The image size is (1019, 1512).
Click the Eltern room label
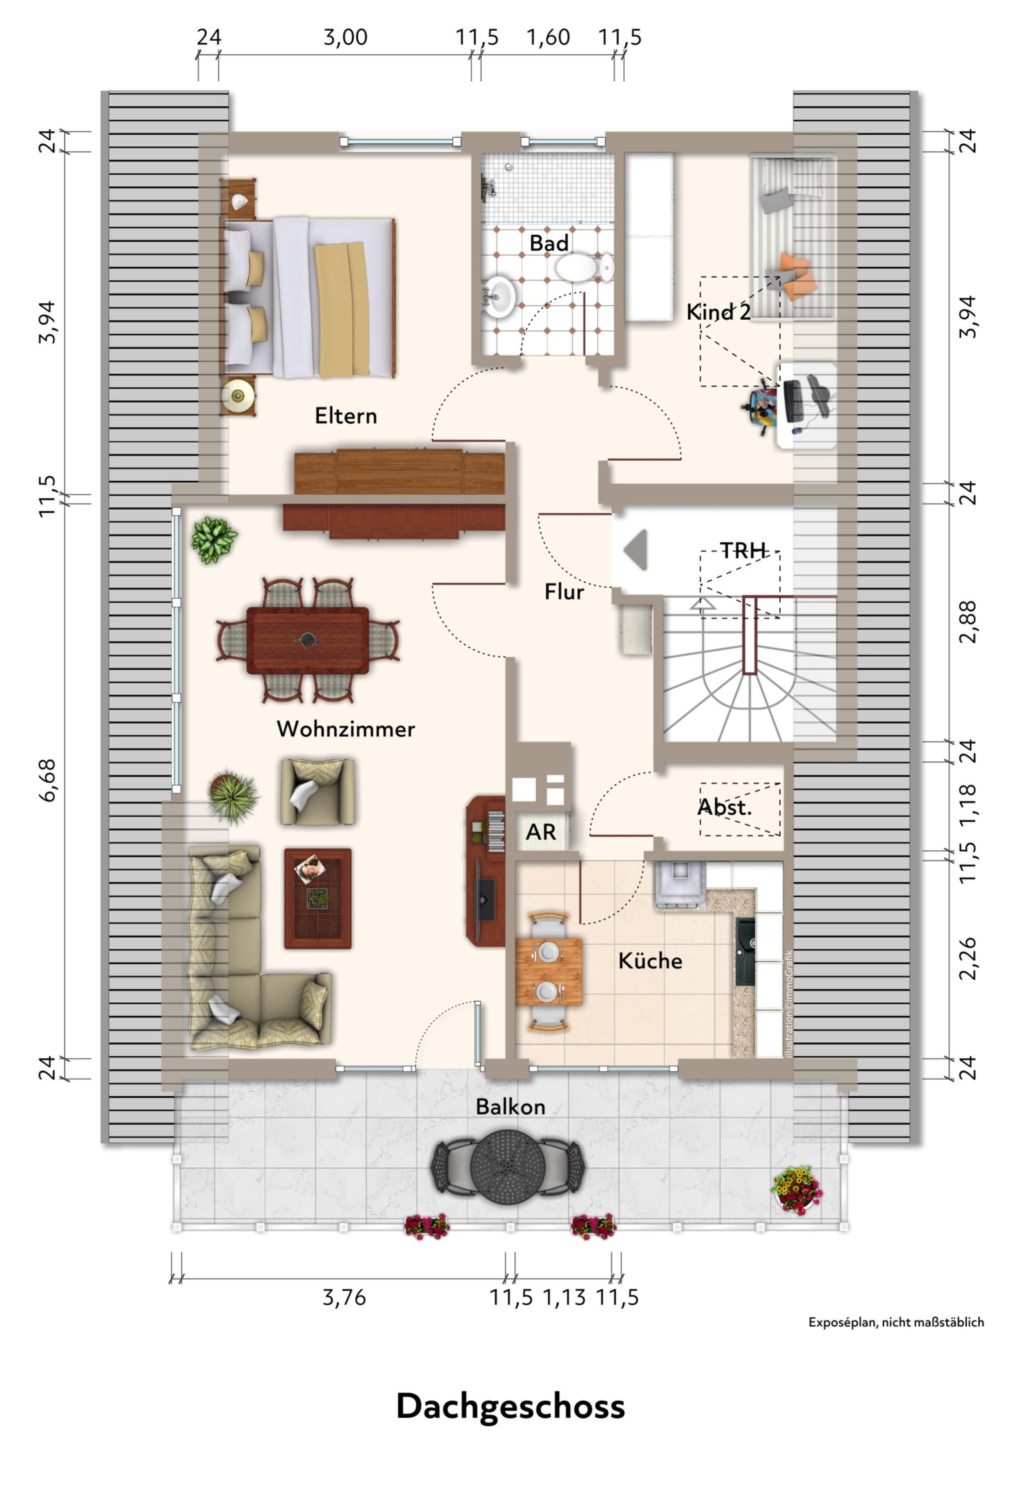point(346,416)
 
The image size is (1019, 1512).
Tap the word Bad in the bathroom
point(549,243)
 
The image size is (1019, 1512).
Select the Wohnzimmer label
point(346,729)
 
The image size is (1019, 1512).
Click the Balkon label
point(510,1106)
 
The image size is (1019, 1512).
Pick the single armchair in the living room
point(318,792)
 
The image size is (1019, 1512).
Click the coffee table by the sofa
point(318,898)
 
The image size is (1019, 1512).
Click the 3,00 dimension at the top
point(346,37)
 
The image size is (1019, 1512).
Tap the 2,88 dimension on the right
point(968,622)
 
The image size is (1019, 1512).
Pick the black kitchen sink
point(745,950)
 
